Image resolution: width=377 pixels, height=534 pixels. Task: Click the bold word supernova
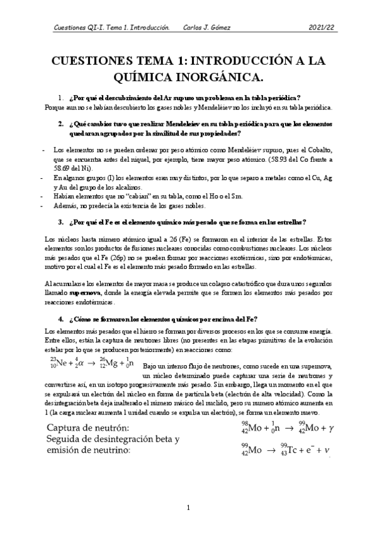point(69,293)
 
